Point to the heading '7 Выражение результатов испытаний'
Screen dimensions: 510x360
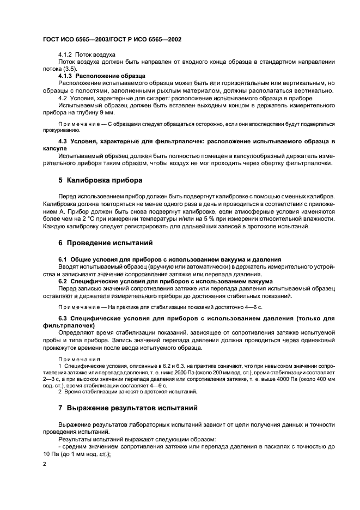(x=128, y=408)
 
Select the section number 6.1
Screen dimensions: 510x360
(x=63, y=259)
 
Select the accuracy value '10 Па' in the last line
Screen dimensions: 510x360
(x=53, y=454)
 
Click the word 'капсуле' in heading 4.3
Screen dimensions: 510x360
(x=54, y=148)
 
